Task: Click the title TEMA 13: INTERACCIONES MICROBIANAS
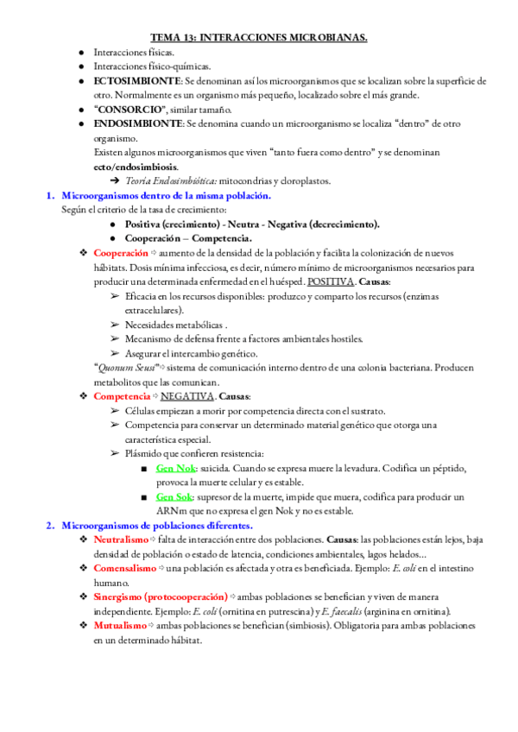(x=259, y=37)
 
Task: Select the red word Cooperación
(x=120, y=253)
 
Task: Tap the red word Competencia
(x=121, y=395)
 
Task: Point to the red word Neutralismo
(x=121, y=540)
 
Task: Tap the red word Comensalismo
(x=124, y=569)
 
